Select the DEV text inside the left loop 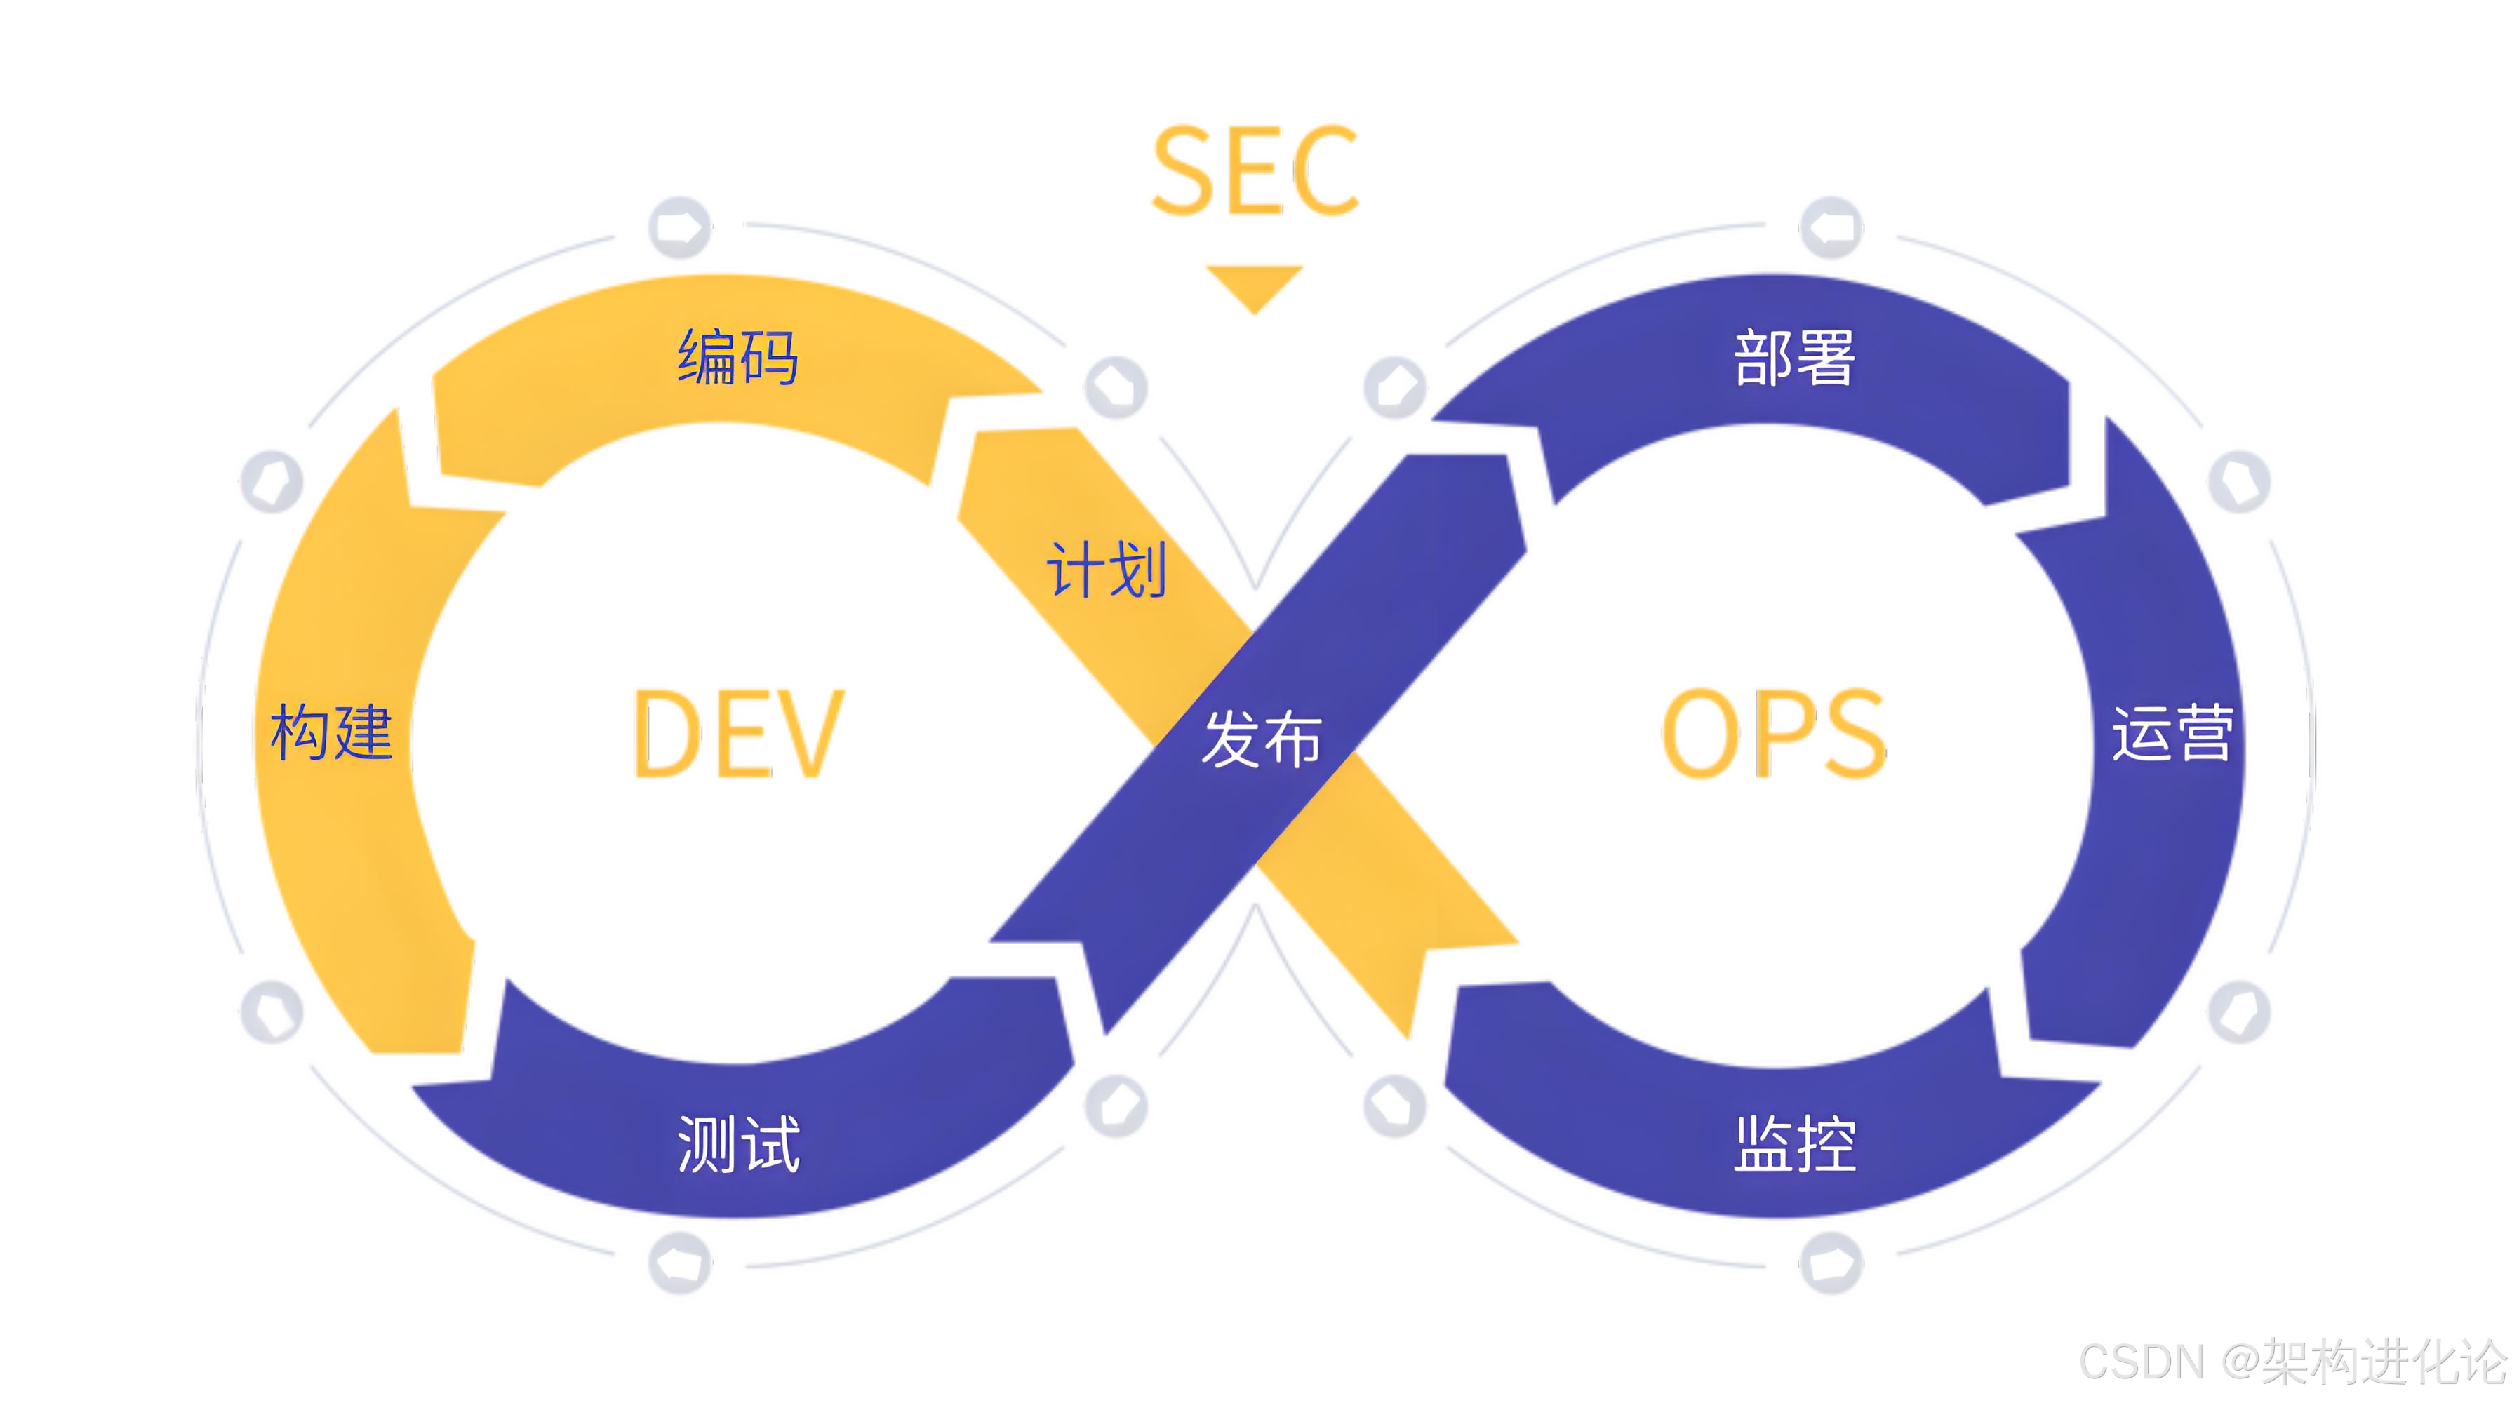[739, 733]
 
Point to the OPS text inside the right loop [1773, 733]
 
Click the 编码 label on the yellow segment [738, 357]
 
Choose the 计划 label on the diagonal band [1107, 570]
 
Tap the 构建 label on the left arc [332, 732]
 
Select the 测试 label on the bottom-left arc [738, 1143]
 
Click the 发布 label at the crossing [1261, 738]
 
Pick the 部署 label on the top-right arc [1794, 357]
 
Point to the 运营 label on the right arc [2172, 732]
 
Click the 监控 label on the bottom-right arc [1794, 1143]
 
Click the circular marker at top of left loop [679, 228]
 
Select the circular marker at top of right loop [1831, 228]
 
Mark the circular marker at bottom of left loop [679, 1263]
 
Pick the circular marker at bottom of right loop [1831, 1263]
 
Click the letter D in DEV [665, 733]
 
